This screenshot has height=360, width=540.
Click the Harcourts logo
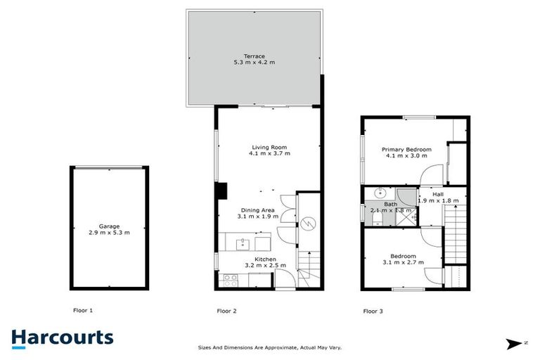click(x=62, y=337)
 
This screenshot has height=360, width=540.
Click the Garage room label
click(x=109, y=226)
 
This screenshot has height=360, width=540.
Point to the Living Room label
click(x=271, y=147)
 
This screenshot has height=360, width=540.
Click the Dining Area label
click(x=259, y=210)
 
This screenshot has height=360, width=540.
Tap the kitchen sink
click(x=242, y=244)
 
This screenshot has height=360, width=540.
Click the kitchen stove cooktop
click(x=229, y=279)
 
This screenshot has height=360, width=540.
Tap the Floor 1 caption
click(x=83, y=310)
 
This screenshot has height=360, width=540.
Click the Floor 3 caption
click(x=373, y=310)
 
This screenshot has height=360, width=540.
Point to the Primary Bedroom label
click(x=406, y=150)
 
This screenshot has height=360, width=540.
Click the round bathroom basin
click(x=380, y=192)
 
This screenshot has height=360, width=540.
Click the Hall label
click(x=437, y=194)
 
